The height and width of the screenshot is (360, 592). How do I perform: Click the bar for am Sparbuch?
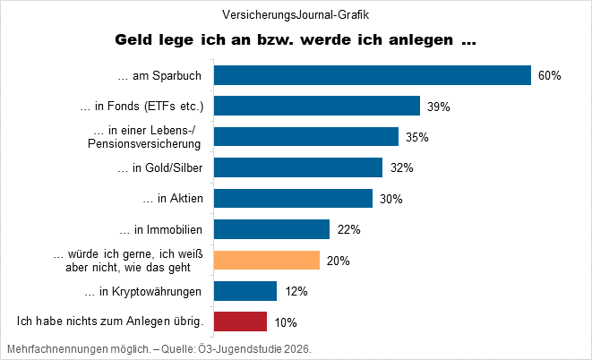click(x=373, y=75)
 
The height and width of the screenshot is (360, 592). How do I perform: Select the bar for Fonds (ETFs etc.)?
click(x=317, y=107)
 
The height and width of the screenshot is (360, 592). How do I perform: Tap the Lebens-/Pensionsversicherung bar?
click(x=306, y=137)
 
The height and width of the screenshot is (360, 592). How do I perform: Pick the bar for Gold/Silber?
click(x=298, y=167)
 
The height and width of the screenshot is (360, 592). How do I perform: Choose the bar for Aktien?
click(x=293, y=199)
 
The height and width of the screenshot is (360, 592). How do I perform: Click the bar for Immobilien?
click(x=271, y=229)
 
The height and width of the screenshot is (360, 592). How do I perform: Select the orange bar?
click(x=266, y=261)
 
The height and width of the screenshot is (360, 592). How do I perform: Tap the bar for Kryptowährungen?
click(x=245, y=291)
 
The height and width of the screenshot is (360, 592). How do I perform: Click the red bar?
click(x=240, y=321)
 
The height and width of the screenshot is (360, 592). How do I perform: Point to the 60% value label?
click(x=549, y=76)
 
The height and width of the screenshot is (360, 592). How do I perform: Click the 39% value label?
click(x=438, y=107)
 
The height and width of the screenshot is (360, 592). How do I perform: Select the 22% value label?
click(x=348, y=230)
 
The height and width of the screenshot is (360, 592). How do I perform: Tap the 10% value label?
click(x=285, y=322)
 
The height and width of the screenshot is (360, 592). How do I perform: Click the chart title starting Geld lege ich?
click(x=296, y=41)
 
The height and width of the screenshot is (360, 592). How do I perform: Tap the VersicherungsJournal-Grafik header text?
click(x=296, y=14)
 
